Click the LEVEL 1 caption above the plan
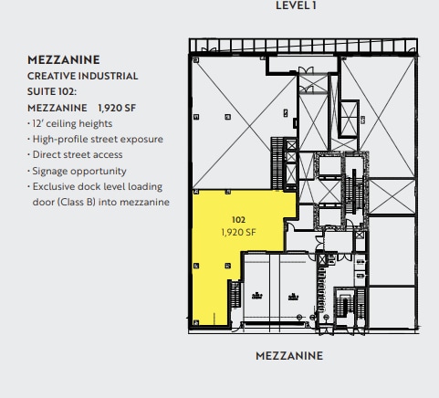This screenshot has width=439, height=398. [296, 5]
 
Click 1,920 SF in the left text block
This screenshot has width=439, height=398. [120, 108]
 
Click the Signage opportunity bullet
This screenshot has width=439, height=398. [78, 171]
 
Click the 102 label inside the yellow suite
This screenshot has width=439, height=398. [239, 220]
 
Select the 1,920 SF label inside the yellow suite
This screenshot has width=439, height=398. [239, 232]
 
